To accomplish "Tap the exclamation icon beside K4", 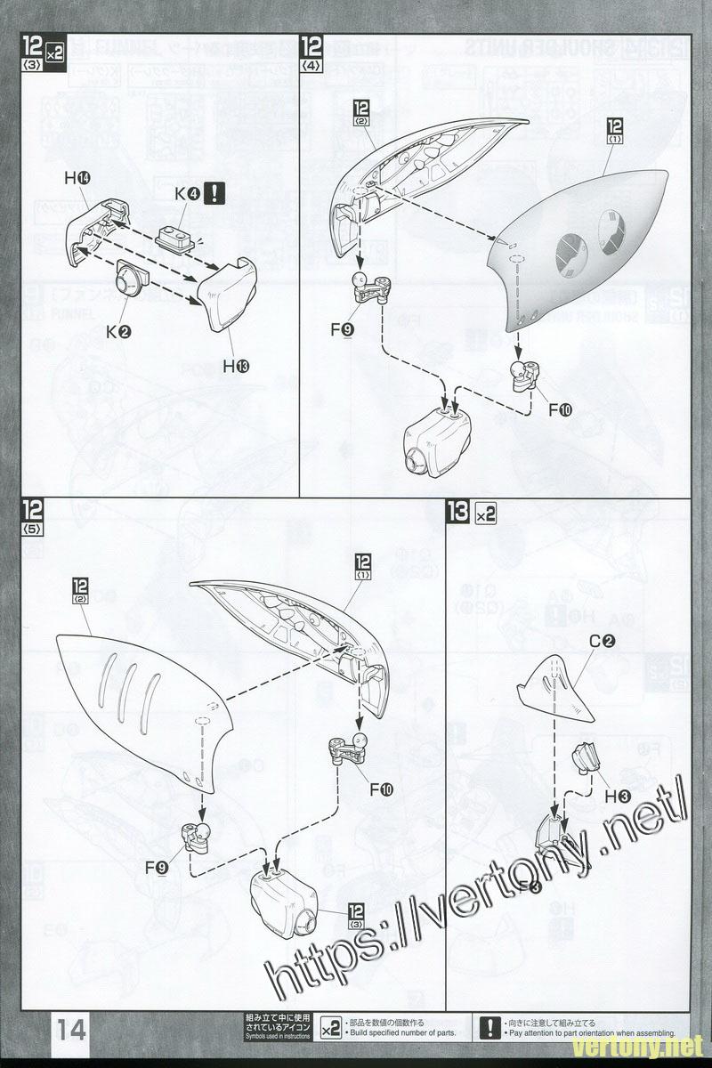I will tap(213, 192).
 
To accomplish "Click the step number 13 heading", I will tap(459, 514).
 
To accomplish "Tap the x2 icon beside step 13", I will tap(486, 514).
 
